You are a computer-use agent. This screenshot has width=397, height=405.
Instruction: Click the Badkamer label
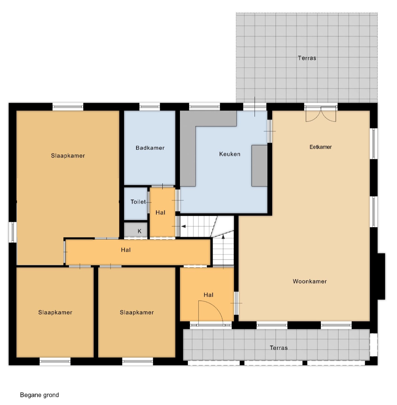[x=150, y=148]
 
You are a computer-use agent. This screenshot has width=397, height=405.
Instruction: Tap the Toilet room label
[x=138, y=202]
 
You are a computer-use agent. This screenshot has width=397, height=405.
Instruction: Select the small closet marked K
[x=136, y=229]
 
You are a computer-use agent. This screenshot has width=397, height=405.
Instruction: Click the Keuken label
[x=230, y=154]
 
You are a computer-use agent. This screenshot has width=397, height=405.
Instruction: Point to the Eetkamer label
[x=321, y=147]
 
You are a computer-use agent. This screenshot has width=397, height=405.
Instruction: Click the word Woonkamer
[x=310, y=282]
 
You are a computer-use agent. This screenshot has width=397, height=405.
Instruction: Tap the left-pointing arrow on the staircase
[x=183, y=226]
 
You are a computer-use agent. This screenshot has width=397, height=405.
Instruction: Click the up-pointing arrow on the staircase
[x=223, y=237]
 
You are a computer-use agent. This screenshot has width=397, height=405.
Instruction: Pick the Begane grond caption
[x=39, y=395]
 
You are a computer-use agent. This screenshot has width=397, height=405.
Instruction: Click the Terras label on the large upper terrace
[x=307, y=58]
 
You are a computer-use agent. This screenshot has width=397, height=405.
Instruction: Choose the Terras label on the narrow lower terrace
[x=279, y=348]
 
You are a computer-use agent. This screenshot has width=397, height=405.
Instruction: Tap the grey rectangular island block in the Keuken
[x=259, y=166]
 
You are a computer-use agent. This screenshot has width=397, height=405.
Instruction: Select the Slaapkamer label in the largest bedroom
[x=68, y=156]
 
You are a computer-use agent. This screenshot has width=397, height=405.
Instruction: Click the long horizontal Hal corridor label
[x=126, y=250]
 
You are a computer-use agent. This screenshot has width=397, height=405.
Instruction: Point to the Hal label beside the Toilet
[x=160, y=213]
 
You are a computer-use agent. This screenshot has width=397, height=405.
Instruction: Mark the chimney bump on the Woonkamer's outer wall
[x=381, y=276]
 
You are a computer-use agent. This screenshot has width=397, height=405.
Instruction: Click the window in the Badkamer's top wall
[x=150, y=106]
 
